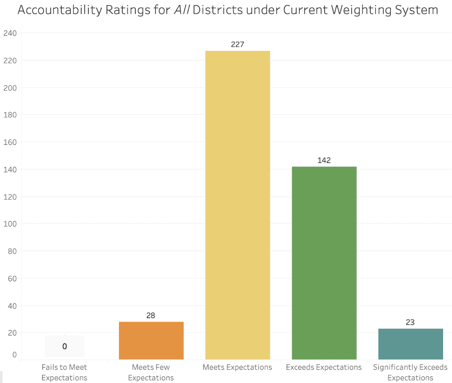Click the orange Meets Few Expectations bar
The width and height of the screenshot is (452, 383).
151,340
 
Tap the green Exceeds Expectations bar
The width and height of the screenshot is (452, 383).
324,263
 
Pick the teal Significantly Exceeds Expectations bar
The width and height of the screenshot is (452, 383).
410,344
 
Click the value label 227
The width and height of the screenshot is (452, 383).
237,44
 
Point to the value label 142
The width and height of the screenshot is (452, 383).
324,161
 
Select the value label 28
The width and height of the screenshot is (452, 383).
151,316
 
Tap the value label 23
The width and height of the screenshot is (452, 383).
410,322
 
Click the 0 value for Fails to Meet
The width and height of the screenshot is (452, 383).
64,347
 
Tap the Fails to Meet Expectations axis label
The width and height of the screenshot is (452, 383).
64,372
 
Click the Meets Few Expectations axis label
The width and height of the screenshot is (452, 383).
151,372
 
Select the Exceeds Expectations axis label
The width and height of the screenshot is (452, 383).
324,367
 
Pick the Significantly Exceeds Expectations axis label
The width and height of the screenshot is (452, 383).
410,372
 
